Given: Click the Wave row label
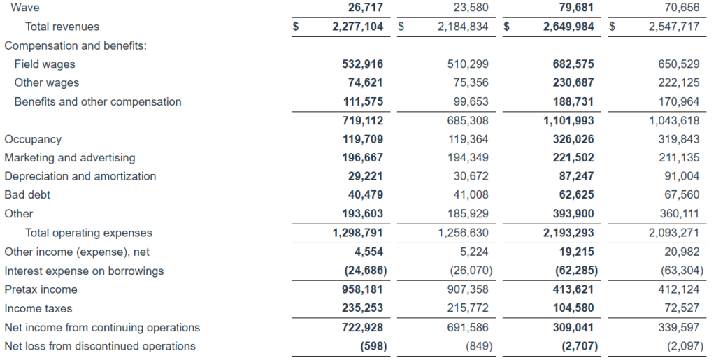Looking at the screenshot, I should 25,8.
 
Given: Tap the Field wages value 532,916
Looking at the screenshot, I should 362,64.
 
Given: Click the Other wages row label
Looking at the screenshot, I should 46,83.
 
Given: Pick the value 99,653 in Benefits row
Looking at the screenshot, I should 468,102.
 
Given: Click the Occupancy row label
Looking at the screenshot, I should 33,140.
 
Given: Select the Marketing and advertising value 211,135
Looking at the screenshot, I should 679,158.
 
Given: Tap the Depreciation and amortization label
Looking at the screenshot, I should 80,177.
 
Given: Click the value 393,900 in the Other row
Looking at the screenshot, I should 573,214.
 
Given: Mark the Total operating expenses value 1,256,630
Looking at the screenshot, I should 463,233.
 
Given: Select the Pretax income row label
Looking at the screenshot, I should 41,289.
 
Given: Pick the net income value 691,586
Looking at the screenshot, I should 468,327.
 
